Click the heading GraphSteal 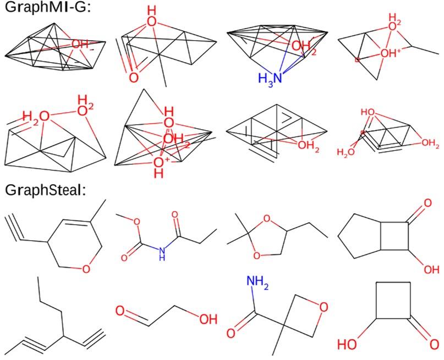coord(41,191)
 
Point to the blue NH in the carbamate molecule coord(161,252)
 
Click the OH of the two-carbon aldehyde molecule coord(207,319)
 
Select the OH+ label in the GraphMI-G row coord(393,54)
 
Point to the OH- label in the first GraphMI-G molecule coord(83,45)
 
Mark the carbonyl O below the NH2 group coord(232,333)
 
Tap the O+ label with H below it coord(160,163)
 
